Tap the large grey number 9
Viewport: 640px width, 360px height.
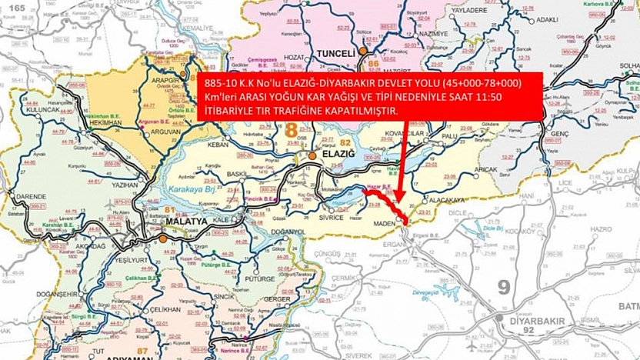pos(504,287)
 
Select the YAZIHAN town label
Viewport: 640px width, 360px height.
pos(125,185)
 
